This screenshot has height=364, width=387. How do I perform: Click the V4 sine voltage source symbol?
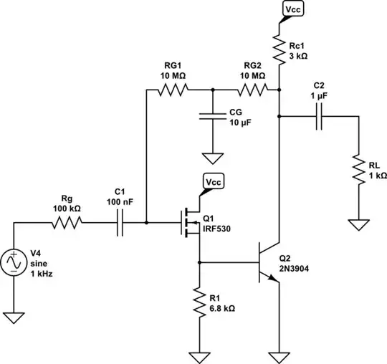(14, 264)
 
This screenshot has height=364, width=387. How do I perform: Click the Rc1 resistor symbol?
(279, 49)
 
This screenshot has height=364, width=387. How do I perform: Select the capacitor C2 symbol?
(320, 116)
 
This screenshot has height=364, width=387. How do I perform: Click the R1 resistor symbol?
(199, 300)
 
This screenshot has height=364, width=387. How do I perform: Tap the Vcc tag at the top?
(293, 9)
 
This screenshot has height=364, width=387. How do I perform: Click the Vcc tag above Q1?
(214, 182)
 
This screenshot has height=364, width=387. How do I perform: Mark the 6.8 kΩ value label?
(221, 309)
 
